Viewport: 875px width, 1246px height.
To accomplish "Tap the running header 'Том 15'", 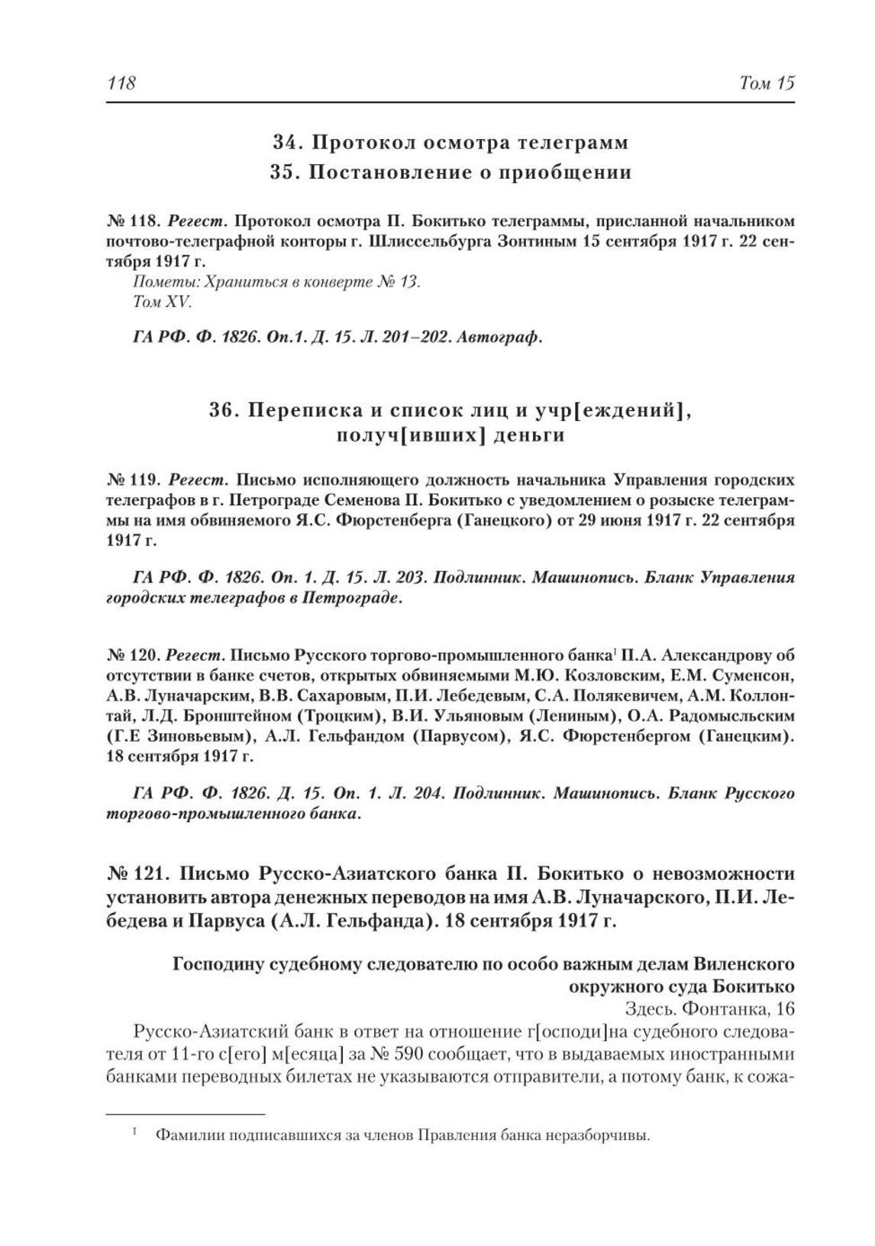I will point(767,83).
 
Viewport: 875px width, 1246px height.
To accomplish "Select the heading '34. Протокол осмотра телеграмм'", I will point(450,143).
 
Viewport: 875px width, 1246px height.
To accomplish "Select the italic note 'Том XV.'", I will point(163,302).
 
